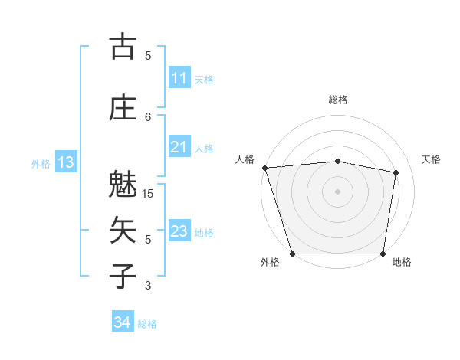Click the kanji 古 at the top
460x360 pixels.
coord(123,47)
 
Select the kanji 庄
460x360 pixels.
coord(123,108)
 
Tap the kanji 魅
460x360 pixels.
coord(123,185)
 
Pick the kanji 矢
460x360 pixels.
coord(123,231)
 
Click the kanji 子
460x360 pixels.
coord(123,277)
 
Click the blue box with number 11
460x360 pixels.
coord(179,78)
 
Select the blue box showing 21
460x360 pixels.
coord(179,147)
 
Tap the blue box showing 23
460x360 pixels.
coord(179,231)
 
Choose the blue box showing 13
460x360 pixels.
coord(66,162)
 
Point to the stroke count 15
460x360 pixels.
coord(148,194)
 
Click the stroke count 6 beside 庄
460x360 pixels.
coord(148,116)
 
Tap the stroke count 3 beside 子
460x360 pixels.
coord(148,286)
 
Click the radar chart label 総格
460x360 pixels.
coord(338,100)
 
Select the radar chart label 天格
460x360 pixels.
coord(432,159)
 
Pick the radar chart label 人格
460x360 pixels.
coord(245,159)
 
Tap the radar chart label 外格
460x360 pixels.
coord(270,263)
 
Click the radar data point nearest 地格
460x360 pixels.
coord(383,254)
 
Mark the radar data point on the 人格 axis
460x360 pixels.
coord(264,168)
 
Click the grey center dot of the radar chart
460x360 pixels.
coord(338,191)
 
